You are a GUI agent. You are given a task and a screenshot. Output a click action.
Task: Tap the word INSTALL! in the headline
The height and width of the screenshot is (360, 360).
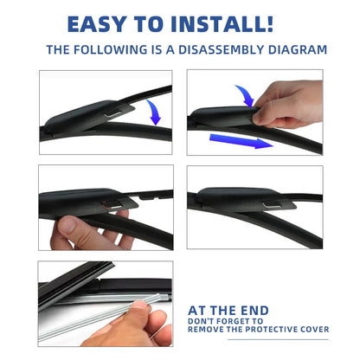[222, 24]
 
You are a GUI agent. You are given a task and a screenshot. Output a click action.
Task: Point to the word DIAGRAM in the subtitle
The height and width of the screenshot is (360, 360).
[298, 50]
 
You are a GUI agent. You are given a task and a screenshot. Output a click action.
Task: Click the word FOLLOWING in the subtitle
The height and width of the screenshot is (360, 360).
[110, 50]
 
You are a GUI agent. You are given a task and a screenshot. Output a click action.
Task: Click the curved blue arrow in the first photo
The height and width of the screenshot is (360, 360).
[155, 112]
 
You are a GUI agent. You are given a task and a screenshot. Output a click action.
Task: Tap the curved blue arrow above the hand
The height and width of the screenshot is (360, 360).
[245, 96]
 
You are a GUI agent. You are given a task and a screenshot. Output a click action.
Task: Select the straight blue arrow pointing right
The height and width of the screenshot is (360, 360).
[241, 141]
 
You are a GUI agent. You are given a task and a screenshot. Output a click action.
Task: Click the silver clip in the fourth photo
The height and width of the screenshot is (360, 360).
[272, 205]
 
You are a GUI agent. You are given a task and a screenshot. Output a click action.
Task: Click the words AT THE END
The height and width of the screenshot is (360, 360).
[228, 311]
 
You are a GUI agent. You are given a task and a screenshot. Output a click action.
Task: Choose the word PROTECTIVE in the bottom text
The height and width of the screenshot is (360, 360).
[268, 330]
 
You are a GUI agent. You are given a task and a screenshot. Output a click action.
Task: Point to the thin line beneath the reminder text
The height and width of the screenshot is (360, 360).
[278, 339]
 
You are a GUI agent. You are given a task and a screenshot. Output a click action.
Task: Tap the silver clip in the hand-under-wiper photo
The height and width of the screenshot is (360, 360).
[115, 206]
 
